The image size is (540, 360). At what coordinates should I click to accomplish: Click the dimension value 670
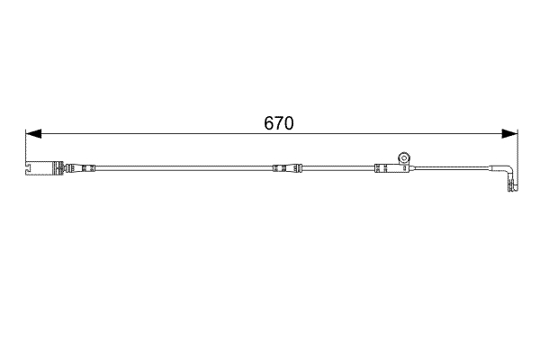click(279, 123)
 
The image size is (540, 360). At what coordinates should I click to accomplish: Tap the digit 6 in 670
click(269, 123)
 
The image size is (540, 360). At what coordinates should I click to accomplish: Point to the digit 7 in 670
click(279, 123)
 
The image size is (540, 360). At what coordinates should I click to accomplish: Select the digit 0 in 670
click(289, 123)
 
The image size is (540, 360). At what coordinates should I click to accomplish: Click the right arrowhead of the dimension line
click(509, 134)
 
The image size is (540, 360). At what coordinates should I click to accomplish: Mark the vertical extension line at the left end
click(26, 148)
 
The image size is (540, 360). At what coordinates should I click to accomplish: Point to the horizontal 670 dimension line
click(180, 134)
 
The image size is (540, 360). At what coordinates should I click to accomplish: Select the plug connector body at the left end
click(41, 167)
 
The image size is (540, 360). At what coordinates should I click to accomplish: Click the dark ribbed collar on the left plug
click(66, 167)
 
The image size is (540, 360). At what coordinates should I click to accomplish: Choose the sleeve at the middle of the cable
click(286, 167)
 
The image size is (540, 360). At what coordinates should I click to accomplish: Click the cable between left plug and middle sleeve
click(180, 167)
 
